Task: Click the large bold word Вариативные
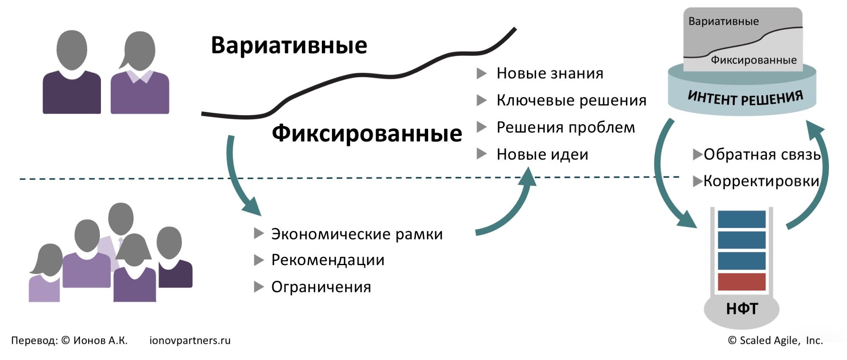tap(289, 45)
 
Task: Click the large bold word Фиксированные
tap(366, 133)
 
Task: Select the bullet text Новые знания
tap(550, 74)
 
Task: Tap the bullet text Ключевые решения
tap(571, 100)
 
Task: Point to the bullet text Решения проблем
tap(566, 127)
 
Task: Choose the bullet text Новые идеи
tap(543, 155)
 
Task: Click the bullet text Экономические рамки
tap(357, 234)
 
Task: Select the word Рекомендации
tap(328, 260)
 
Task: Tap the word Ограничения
tap(321, 287)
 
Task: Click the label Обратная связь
tap(762, 155)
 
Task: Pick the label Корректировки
tap(761, 181)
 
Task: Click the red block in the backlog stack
tap(742, 282)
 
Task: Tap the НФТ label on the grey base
tap(742, 309)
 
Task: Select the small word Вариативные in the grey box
tap(723, 21)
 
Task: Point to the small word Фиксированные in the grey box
tap(753, 60)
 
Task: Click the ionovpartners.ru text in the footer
tap(190, 341)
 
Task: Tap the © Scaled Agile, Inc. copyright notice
tap(775, 341)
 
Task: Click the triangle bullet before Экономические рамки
tap(258, 233)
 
